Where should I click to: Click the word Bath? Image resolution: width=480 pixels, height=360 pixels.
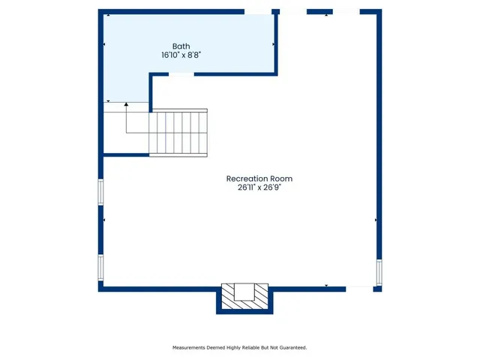pos(181,46)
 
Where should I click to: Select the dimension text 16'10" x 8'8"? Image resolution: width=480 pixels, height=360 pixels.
pos(181,55)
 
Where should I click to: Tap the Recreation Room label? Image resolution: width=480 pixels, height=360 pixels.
pos(259,178)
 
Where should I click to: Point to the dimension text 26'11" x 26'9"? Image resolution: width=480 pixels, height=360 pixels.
pos(259,188)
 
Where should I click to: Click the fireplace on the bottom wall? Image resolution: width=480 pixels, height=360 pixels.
pos(245,298)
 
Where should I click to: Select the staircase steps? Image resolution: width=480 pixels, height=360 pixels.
pos(178,132)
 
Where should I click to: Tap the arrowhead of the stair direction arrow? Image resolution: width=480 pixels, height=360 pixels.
pos(126,103)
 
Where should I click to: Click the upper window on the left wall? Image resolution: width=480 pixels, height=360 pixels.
pos(100,191)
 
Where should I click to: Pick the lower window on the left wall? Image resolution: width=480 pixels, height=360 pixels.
pos(100,267)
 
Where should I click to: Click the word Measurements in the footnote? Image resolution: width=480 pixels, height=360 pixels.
pos(193,348)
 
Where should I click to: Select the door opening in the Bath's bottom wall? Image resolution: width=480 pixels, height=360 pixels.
pos(181,74)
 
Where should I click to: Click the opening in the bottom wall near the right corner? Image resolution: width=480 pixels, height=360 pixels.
pos(361,288)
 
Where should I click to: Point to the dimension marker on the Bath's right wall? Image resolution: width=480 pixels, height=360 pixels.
pos(274,45)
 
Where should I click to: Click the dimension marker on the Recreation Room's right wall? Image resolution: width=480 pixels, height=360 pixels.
pos(375,220)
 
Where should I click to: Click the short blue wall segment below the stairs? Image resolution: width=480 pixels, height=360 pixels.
pos(125,155)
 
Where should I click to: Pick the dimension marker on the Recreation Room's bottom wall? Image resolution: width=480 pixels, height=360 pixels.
pos(326,285)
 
